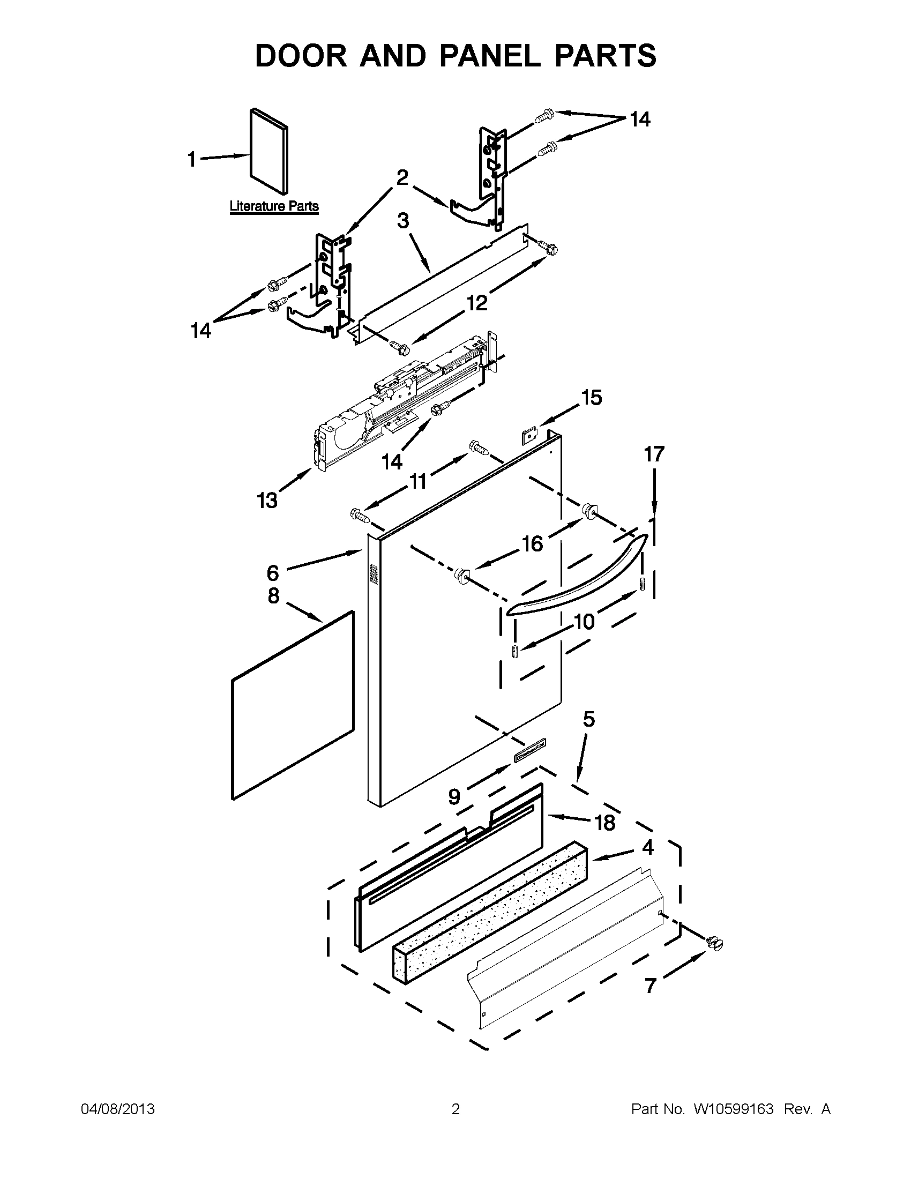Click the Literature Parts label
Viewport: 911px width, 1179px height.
tap(274, 206)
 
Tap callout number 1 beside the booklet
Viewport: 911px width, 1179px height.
tap(191, 159)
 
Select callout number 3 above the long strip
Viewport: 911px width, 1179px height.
tap(403, 221)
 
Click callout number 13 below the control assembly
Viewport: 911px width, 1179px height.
tap(267, 501)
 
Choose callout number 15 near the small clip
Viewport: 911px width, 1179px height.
tap(591, 398)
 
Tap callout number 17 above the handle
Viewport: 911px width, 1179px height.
tap(654, 454)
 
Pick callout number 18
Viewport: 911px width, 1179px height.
tap(604, 823)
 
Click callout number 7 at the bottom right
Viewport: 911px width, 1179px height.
tap(651, 986)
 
